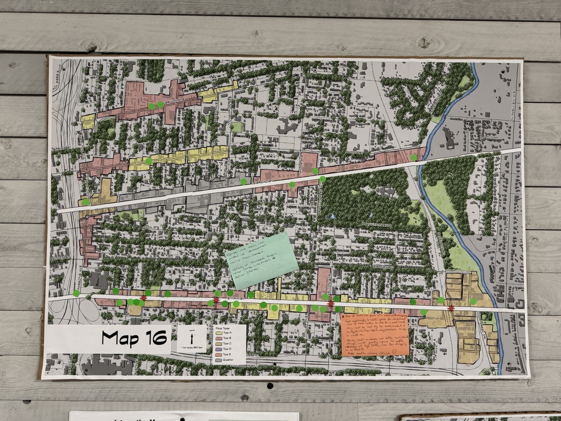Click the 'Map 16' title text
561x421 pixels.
tap(134, 339)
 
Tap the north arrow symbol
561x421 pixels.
tap(192, 338)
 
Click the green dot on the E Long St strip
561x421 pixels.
tap(413, 158)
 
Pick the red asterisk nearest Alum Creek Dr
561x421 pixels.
tap(451, 308)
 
